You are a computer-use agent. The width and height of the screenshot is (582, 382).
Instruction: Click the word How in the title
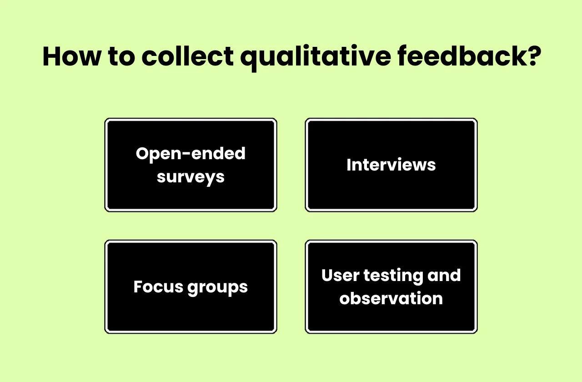(x=70, y=56)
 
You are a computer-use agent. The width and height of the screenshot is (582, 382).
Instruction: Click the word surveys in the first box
(x=191, y=176)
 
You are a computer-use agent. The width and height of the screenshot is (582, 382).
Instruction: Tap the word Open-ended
(x=191, y=154)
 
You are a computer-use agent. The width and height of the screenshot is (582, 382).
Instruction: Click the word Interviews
(x=391, y=165)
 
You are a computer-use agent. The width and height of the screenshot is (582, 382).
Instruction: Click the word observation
(x=391, y=299)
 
